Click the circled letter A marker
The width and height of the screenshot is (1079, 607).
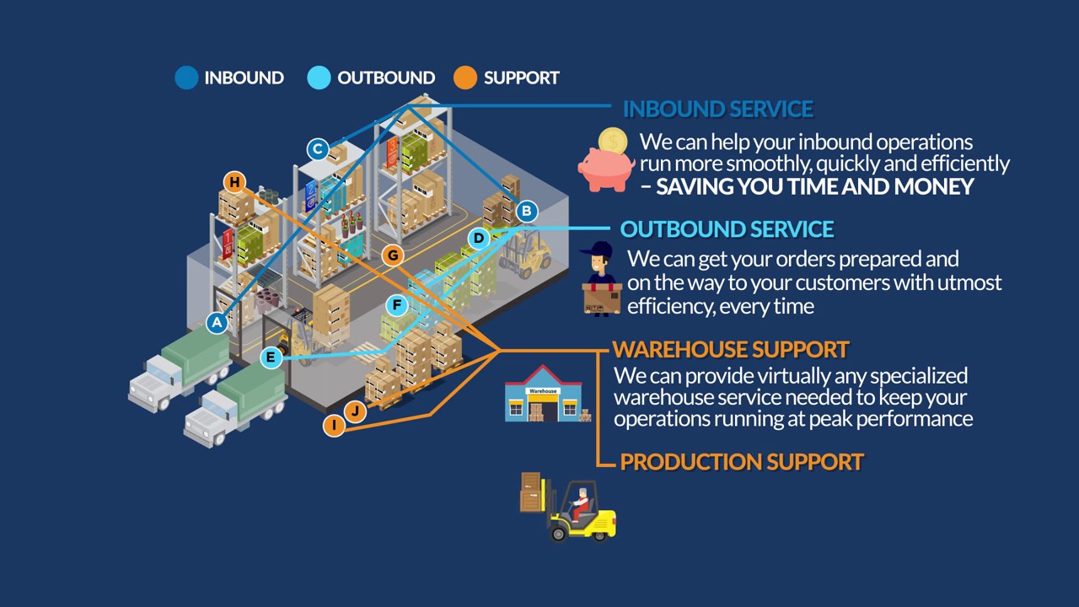tap(217, 322)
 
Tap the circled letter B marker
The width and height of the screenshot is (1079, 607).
tap(525, 211)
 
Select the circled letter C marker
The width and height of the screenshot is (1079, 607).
tap(317, 150)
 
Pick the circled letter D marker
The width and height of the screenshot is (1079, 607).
tap(478, 239)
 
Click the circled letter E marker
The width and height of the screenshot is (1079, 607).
tap(271, 358)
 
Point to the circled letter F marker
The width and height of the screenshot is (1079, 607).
tap(396, 305)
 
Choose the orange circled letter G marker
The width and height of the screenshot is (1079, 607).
tap(392, 255)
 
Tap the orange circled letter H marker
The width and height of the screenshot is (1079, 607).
tap(234, 182)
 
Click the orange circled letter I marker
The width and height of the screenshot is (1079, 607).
tap(334, 426)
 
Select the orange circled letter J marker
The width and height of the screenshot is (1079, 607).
tap(356, 411)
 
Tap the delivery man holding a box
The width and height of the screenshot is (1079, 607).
tap(602, 279)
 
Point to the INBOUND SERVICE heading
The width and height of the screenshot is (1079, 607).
tap(717, 109)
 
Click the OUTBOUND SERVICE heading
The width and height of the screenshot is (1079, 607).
tap(727, 229)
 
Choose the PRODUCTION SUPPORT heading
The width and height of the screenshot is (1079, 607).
tap(742, 462)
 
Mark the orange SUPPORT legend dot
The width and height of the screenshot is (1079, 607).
tap(465, 78)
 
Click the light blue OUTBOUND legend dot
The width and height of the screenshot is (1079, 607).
tap(319, 78)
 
